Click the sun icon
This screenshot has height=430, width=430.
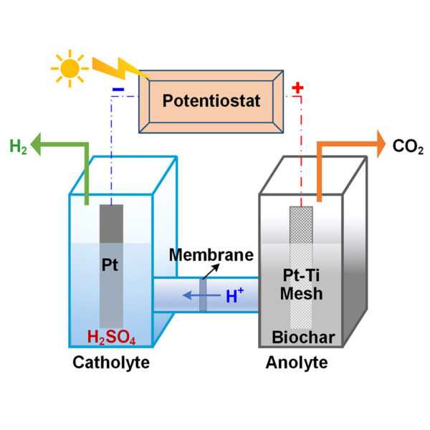point(70,68)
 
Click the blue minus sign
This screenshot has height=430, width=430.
point(118,91)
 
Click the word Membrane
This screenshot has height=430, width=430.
point(211,255)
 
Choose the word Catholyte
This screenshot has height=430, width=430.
point(111,363)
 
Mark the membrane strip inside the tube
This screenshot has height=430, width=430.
point(203,295)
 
